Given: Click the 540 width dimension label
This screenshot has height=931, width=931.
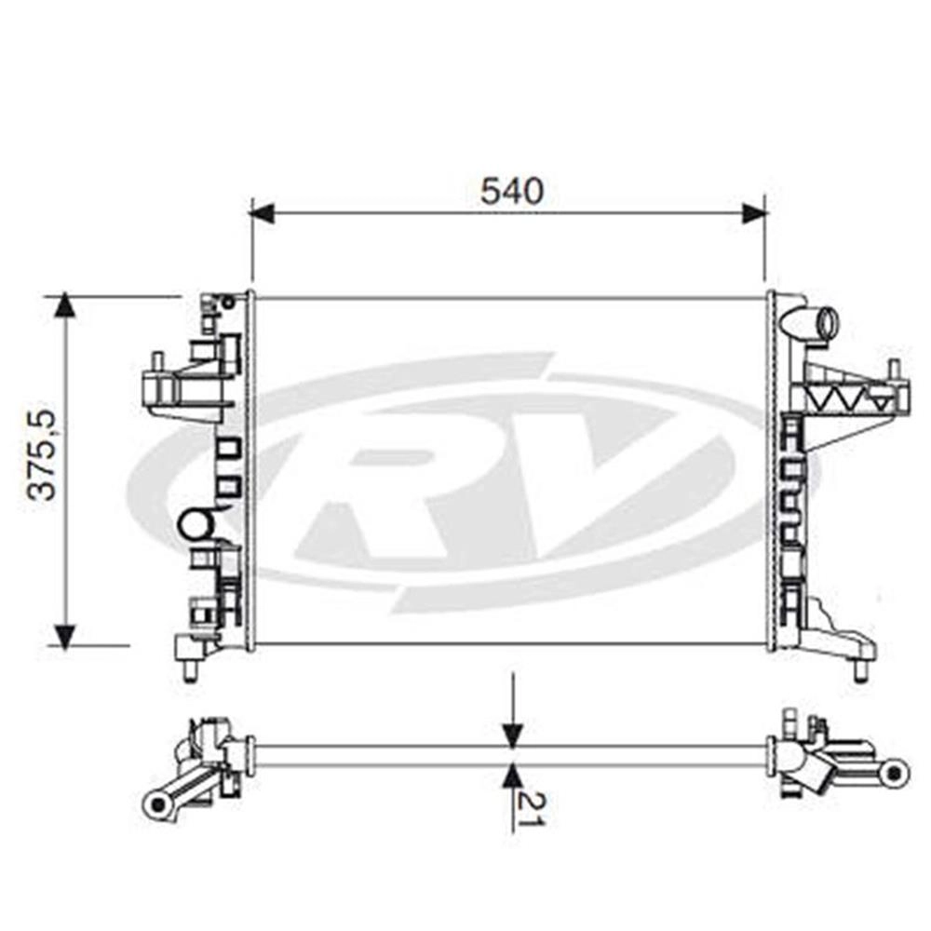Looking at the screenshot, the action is pyautogui.click(x=512, y=191).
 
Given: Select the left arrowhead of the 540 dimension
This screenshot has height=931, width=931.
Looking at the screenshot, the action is pyautogui.click(x=263, y=213).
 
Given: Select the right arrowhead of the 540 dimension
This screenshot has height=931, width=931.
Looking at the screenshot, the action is pyautogui.click(x=754, y=213).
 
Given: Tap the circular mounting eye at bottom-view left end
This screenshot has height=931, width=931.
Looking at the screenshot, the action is pyautogui.click(x=157, y=804).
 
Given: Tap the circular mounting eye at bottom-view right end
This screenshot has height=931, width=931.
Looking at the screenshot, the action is pyautogui.click(x=894, y=773).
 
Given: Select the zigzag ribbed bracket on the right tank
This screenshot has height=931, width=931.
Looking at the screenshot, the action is pyautogui.click(x=849, y=396).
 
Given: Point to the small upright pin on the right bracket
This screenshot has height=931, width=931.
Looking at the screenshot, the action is pyautogui.click(x=891, y=372).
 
